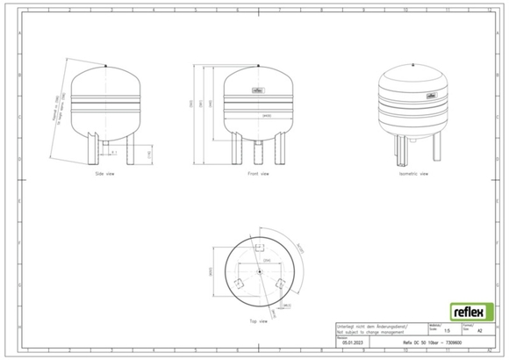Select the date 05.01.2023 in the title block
tap(354, 342)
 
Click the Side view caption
tap(105, 174)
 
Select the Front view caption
tap(258, 174)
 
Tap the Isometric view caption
tap(412, 174)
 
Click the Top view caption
tap(258, 321)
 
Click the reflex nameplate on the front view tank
tap(259, 90)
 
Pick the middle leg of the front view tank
tap(259, 150)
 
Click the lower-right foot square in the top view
tap(280, 284)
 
